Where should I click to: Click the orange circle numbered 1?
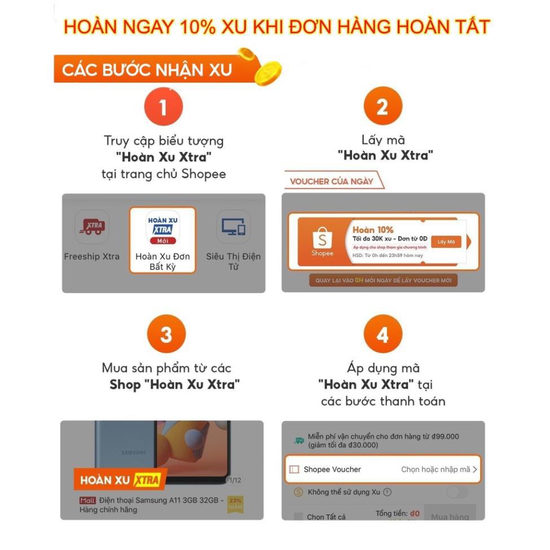pos(164,107)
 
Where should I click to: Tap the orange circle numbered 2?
pos(382,107)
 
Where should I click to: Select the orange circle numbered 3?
pos(166,335)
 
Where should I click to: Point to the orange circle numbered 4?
pos(382,335)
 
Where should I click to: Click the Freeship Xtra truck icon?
pos(92,227)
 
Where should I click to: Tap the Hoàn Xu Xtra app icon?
pos(162,227)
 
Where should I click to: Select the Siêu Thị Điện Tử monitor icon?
pos(233,227)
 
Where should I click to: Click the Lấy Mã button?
pos(446,242)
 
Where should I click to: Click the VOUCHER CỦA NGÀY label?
pos(332,182)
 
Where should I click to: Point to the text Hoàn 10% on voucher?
pos(373,230)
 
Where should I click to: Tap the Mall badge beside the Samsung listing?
pos(87,500)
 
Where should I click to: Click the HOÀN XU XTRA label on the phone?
pos(120,481)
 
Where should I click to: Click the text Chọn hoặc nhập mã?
pos(435,469)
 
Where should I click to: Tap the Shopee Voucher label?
pos(332,469)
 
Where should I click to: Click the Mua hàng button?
pos(450,516)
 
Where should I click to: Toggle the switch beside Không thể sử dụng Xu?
pos(457,492)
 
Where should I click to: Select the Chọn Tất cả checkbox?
pos(298,516)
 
